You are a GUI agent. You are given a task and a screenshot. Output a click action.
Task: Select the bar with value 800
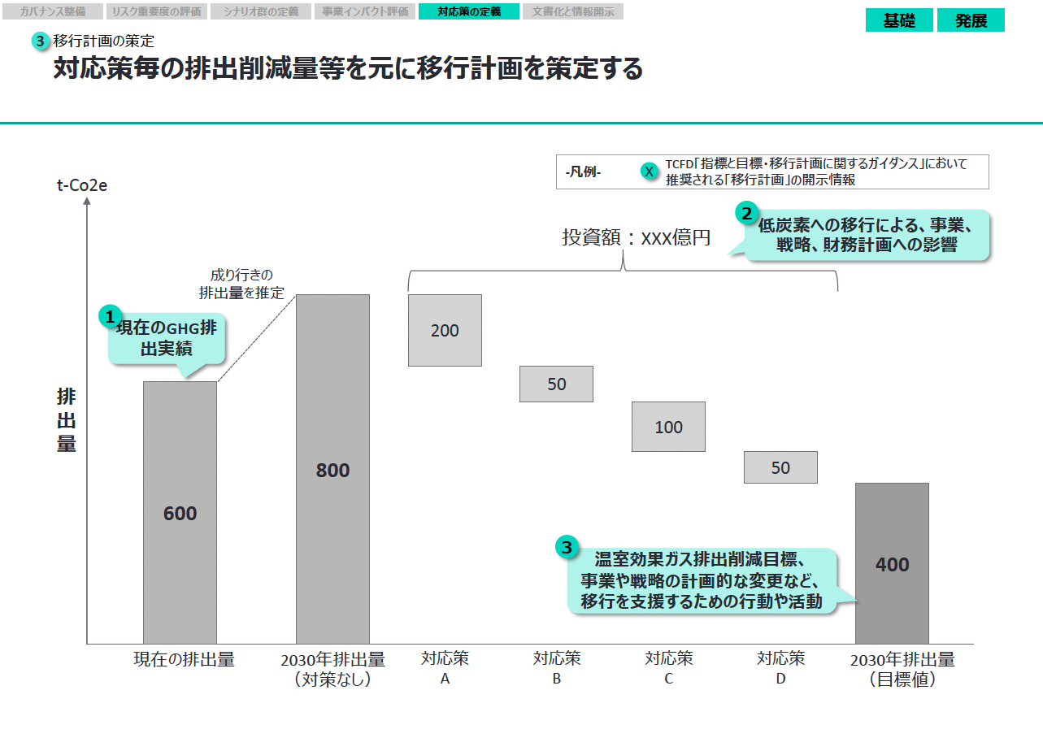pos(332,469)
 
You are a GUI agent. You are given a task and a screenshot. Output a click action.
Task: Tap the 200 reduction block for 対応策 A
pos(445,330)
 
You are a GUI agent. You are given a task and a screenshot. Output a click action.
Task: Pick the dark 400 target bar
pos(892,563)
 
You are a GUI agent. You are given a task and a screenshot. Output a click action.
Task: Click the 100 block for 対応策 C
pos(668,427)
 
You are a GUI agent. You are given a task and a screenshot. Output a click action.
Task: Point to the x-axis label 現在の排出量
pos(184,659)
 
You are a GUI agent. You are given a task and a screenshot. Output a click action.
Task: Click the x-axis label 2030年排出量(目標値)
pos(902,669)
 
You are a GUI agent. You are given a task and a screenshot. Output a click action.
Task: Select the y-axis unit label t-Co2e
pos(81,184)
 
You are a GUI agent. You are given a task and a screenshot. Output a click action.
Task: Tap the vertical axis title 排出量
pos(66,420)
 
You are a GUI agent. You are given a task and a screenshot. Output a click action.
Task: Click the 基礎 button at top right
pos(899,20)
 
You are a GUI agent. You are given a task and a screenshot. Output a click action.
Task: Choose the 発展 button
pos(971,20)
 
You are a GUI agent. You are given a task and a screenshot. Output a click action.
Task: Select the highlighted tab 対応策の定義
pos(468,11)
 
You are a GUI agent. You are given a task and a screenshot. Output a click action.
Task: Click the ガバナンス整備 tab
pos(53,11)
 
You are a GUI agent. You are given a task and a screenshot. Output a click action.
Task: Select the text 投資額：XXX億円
pos(636,238)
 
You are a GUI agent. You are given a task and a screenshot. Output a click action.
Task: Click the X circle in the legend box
pos(649,171)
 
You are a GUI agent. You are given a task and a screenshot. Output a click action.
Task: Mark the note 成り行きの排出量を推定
pos(241,284)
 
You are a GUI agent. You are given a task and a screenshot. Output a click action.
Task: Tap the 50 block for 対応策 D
pos(780,467)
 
